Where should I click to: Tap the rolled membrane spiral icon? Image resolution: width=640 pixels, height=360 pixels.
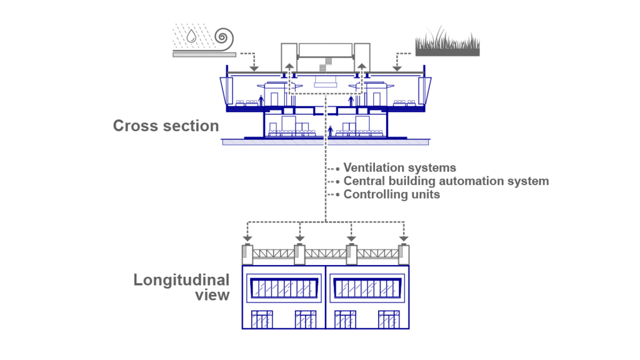pyautogui.click(x=224, y=39)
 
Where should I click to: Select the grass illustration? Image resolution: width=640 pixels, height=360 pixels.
pyautogui.click(x=447, y=42)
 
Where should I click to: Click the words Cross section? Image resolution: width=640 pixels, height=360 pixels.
pyautogui.click(x=166, y=126)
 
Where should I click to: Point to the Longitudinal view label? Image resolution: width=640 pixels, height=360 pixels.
pyautogui.click(x=181, y=287)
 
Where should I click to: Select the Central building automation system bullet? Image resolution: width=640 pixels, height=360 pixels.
pyautogui.click(x=446, y=181)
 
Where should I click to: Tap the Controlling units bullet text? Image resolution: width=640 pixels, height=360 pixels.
pyautogui.click(x=391, y=194)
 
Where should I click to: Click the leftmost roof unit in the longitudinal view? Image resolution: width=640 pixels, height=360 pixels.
pyautogui.click(x=247, y=253)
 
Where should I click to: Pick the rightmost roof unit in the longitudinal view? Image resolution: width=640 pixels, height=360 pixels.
pyautogui.click(x=404, y=253)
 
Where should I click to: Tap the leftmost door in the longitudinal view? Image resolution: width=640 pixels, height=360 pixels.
pyautogui.click(x=262, y=319)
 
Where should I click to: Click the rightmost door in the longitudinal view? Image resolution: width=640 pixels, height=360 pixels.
pyautogui.click(x=389, y=319)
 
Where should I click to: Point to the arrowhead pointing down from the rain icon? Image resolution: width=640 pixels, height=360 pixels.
pyautogui.click(x=253, y=68)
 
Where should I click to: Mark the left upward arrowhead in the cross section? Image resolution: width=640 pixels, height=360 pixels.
pyautogui.click(x=289, y=64)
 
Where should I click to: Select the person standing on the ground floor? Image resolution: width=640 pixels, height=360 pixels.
pyautogui.click(x=330, y=131)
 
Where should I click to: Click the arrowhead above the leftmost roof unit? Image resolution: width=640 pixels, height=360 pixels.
pyautogui.click(x=247, y=238)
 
